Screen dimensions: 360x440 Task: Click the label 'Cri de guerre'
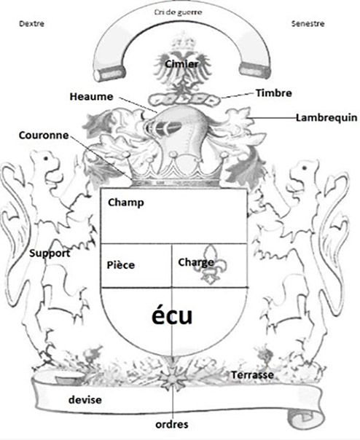pyautogui.click(x=178, y=12)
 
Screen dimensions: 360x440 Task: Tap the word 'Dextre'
pyautogui.click(x=32, y=23)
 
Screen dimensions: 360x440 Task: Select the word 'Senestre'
pyautogui.click(x=308, y=23)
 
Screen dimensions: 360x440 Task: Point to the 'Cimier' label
pyautogui.click(x=181, y=64)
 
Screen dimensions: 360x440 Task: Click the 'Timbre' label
pyautogui.click(x=274, y=93)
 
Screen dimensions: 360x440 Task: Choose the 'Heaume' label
pyautogui.click(x=91, y=97)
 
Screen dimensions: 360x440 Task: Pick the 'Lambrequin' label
pyautogui.click(x=326, y=117)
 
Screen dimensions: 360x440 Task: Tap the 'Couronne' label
pyautogui.click(x=44, y=135)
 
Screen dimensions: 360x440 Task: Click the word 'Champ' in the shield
pyautogui.click(x=126, y=203)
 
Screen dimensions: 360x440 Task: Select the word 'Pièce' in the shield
pyautogui.click(x=121, y=265)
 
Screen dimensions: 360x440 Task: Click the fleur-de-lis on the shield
pyautogui.click(x=211, y=264)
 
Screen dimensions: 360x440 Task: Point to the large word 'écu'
pyautogui.click(x=172, y=315)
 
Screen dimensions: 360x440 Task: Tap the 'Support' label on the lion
pyautogui.click(x=50, y=254)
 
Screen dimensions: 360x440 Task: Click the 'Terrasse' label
pyautogui.click(x=252, y=374)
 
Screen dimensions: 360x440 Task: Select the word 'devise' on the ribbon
pyautogui.click(x=85, y=400)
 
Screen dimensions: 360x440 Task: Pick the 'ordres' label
pyautogui.click(x=172, y=424)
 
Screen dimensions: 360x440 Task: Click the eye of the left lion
pyautogui.click(x=45, y=159)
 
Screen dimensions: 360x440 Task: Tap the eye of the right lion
pyautogui.click(x=305, y=168)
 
